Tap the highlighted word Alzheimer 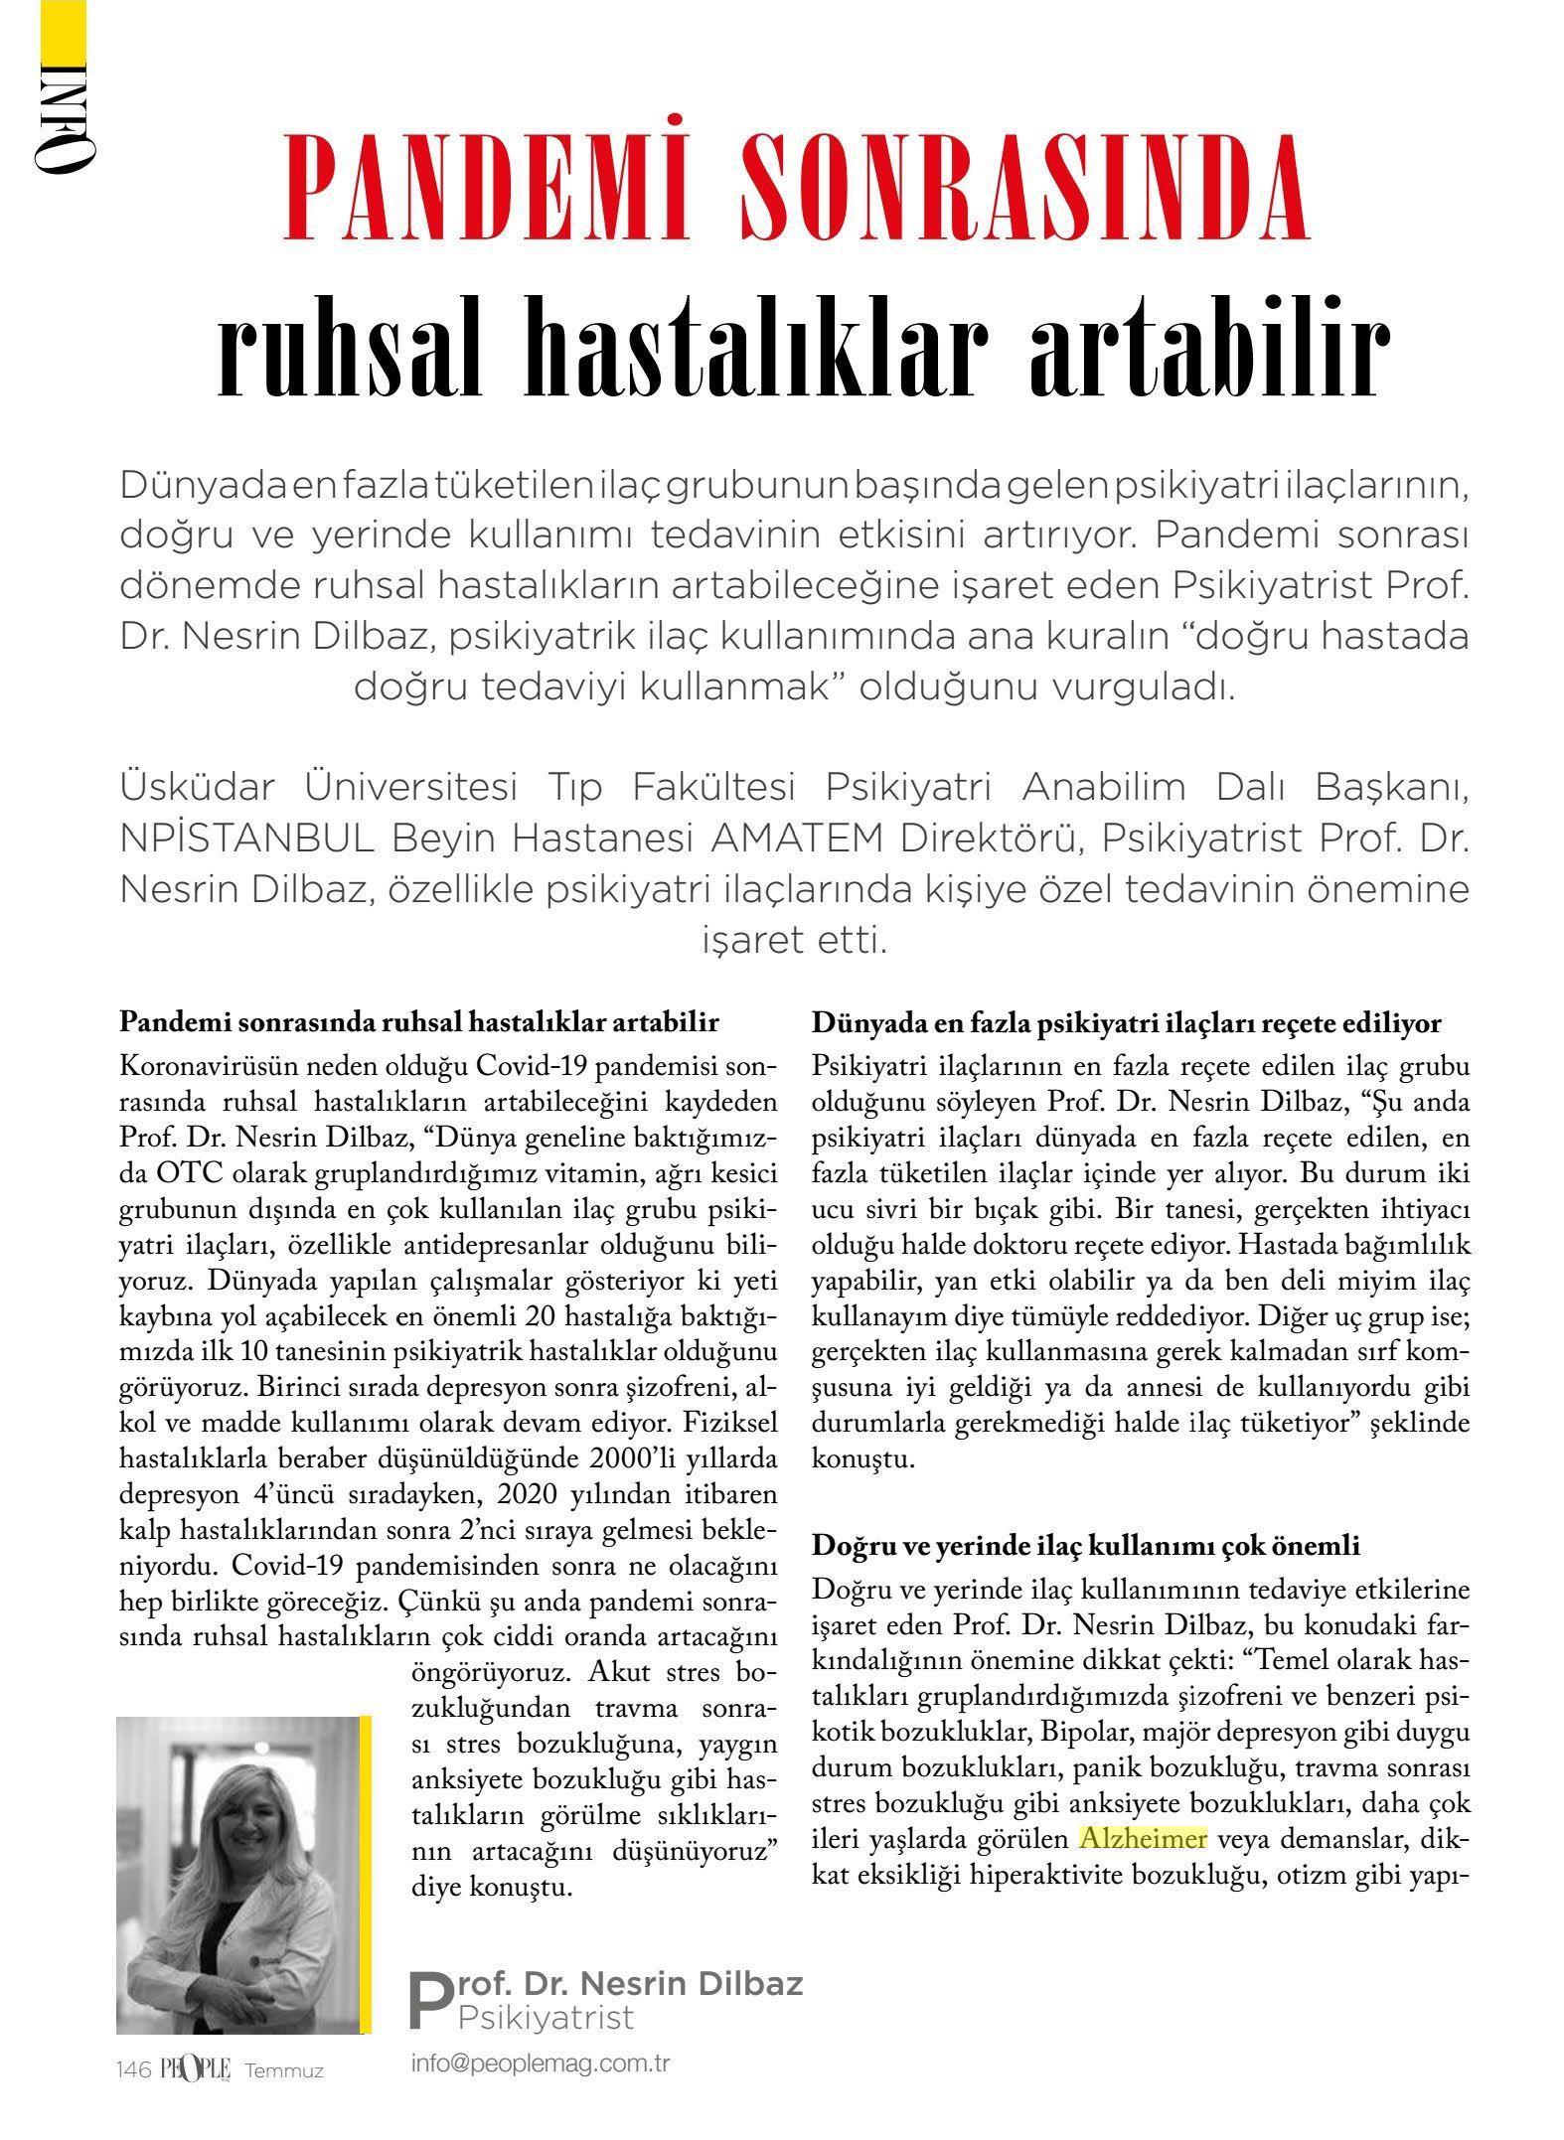[1143, 1838]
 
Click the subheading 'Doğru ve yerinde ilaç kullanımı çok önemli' [1086, 1545]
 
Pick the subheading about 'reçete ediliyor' [1126, 1023]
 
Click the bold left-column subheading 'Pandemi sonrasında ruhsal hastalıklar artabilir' [418, 1023]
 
